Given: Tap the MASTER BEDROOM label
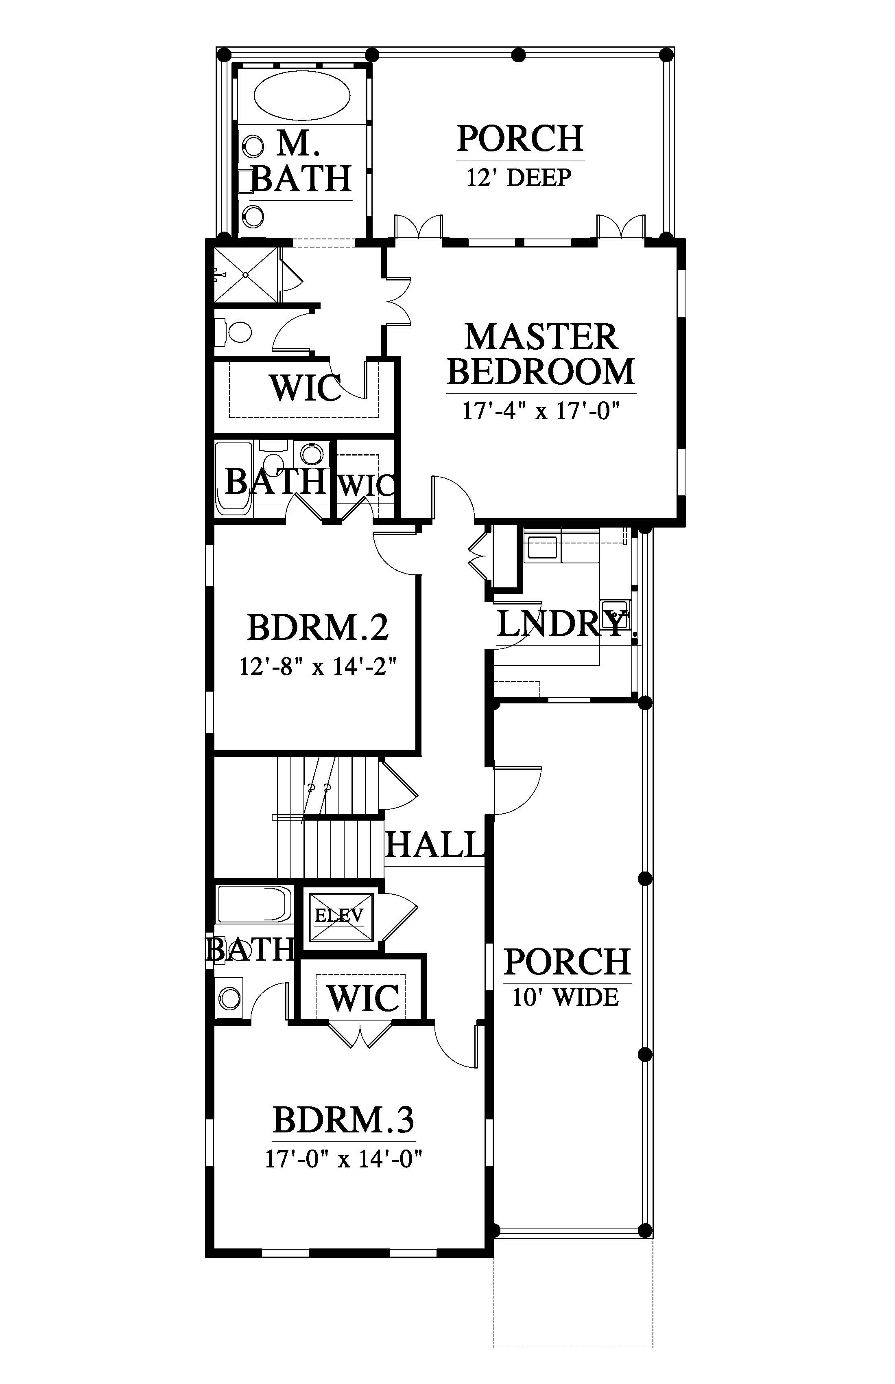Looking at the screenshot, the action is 541,354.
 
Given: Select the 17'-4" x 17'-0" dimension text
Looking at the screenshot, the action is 541,411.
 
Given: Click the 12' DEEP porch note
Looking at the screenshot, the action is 520,177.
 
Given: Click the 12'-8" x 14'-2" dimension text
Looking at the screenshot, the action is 318,666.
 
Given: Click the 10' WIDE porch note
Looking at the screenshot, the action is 565,997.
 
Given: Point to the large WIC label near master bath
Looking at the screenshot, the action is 305,388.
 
